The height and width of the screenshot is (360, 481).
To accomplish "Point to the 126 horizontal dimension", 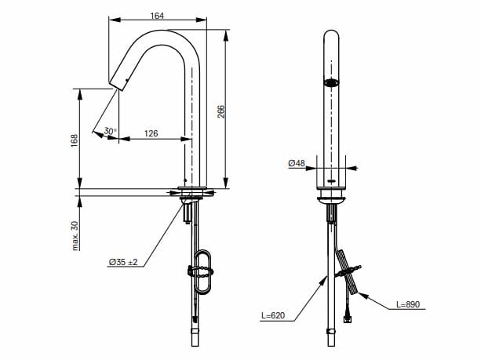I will coord(151,133).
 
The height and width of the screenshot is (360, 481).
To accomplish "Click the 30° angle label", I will coord(109,131).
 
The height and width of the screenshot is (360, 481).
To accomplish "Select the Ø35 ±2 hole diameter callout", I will coord(123,262).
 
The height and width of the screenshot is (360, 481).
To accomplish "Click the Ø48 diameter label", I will coord(296,163).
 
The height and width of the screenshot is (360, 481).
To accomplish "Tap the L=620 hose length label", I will coord(273,316).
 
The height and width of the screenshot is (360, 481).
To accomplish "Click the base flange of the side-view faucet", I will coord(195,191).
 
